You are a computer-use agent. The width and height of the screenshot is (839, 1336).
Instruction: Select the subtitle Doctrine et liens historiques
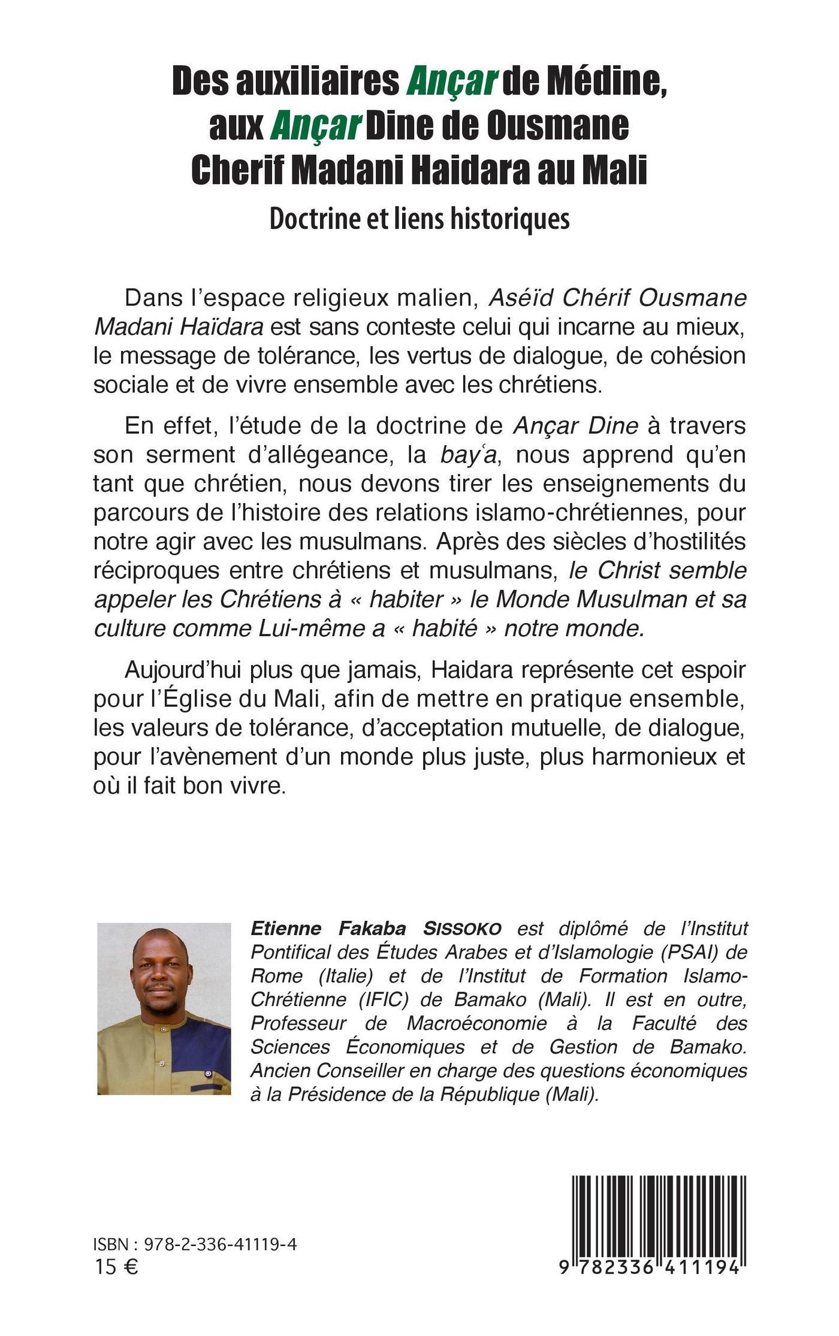coord(419,219)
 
